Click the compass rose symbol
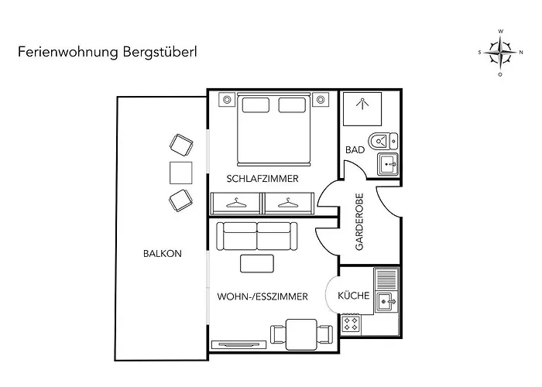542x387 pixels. (500, 53)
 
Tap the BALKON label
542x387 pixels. (163, 254)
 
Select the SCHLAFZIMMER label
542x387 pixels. (262, 179)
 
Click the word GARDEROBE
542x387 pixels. (359, 221)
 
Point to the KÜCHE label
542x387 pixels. (354, 296)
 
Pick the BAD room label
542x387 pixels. (355, 150)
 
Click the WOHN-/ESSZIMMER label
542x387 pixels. (262, 296)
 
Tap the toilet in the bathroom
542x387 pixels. (383, 142)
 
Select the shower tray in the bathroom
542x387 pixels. (362, 109)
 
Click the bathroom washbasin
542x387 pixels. (387, 164)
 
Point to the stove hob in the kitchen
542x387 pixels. (351, 324)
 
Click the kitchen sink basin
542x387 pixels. (386, 302)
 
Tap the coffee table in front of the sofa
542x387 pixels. (257, 263)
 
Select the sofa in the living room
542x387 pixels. (257, 236)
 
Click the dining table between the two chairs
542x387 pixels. (302, 334)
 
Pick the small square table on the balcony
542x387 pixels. (180, 173)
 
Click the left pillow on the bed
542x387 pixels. (256, 105)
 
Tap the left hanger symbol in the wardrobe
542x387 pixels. (236, 203)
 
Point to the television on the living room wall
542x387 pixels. (238, 344)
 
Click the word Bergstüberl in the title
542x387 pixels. (160, 52)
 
